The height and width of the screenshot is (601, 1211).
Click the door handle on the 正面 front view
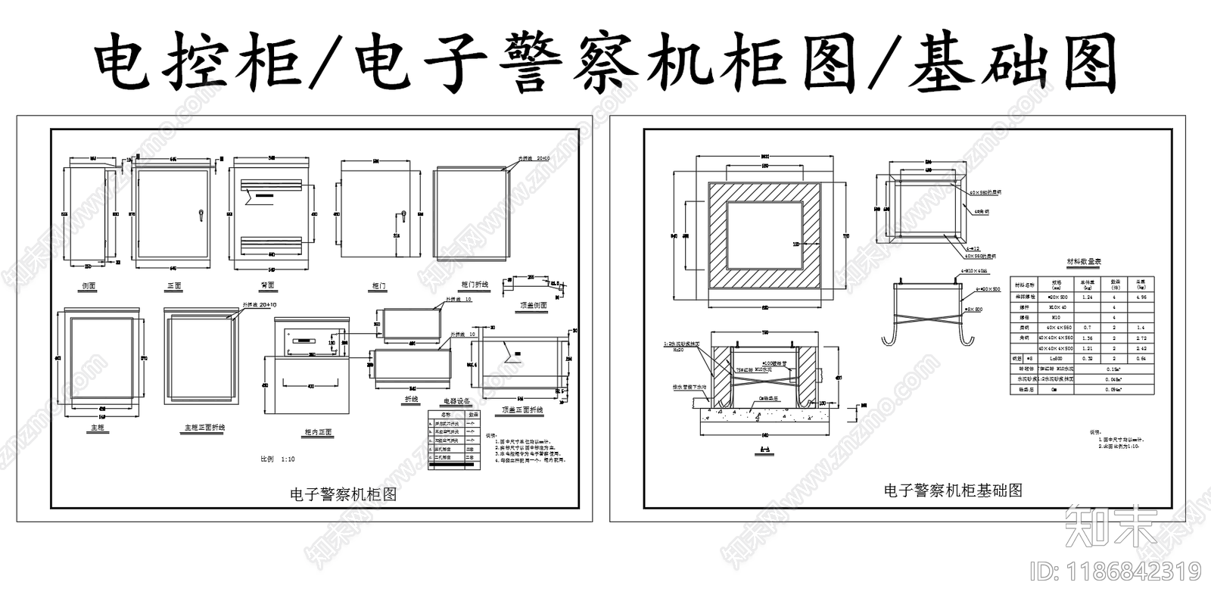tap(201, 215)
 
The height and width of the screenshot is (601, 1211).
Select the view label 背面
tap(267, 285)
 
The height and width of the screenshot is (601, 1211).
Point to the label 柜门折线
tap(475, 285)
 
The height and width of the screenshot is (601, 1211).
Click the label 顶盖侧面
tap(533, 305)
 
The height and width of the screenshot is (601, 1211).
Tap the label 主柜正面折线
tap(204, 428)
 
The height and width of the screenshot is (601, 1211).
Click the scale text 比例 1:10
tap(278, 459)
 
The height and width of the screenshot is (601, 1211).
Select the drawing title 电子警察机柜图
tap(344, 494)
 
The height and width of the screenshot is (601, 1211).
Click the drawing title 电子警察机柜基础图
tap(953, 490)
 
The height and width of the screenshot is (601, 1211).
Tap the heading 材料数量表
tap(1084, 261)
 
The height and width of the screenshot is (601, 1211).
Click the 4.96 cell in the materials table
tap(1141, 297)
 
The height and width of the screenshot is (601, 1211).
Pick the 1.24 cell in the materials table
tap(1088, 297)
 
